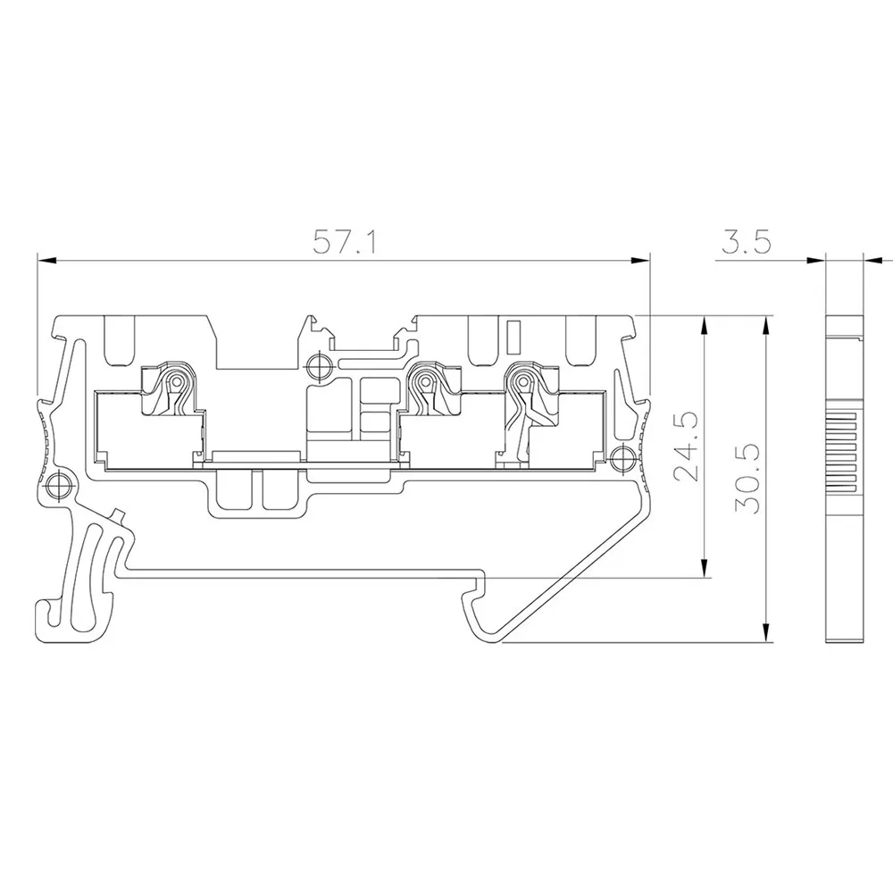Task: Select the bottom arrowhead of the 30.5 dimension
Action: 768,633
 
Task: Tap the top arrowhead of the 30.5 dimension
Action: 768,324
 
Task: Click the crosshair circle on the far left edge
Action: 59,484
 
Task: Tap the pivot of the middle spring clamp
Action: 427,383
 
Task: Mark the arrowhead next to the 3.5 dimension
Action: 814,262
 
